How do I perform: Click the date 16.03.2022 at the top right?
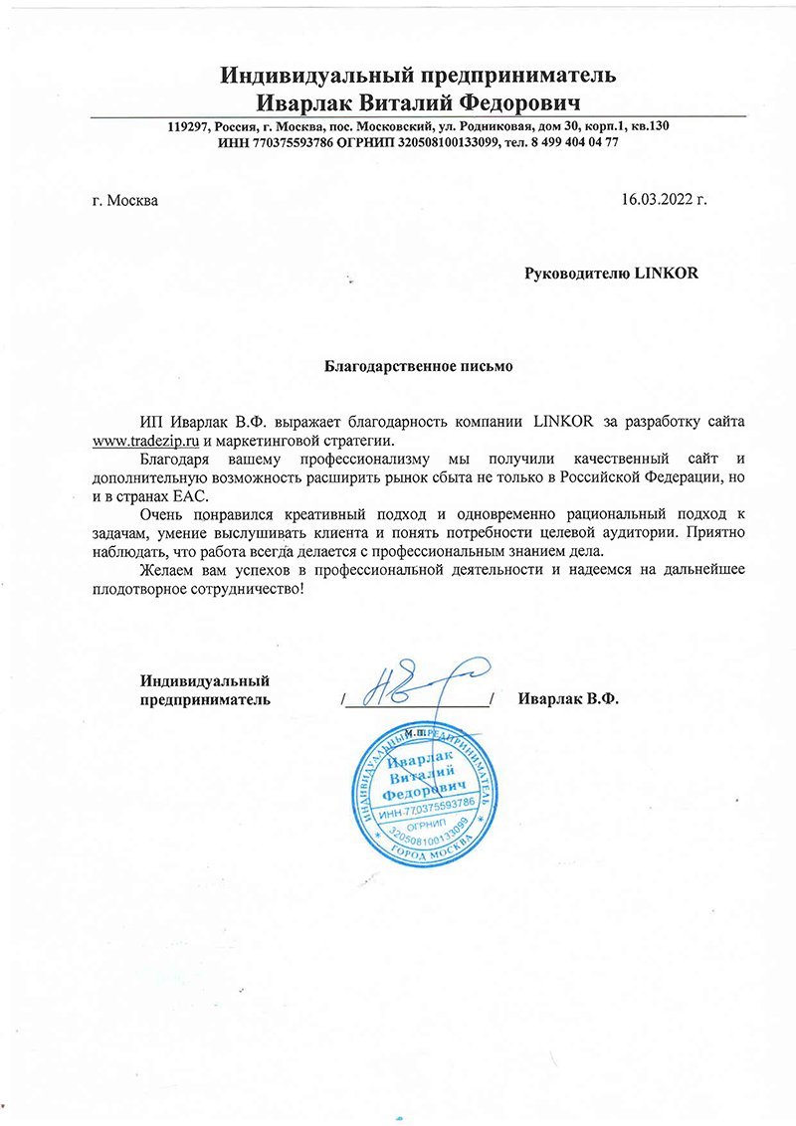(x=664, y=199)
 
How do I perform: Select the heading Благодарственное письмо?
(x=419, y=365)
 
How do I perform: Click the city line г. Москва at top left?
(x=124, y=200)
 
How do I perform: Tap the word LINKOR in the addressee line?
(x=667, y=274)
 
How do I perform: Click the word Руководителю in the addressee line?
(x=576, y=274)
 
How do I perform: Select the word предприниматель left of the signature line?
(x=204, y=700)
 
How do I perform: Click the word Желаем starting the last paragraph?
(x=169, y=571)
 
